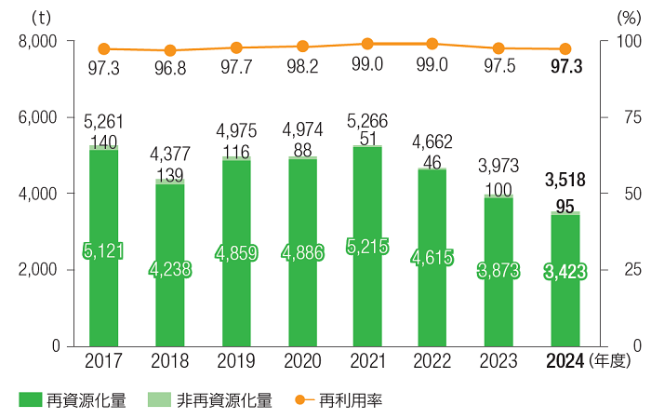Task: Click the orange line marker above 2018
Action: pos(170,50)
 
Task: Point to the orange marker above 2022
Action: pos(432,43)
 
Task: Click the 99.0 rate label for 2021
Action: pos(368,64)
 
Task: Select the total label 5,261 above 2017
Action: pos(103,121)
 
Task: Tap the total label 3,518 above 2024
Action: pos(565,179)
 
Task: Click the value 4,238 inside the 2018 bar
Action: pos(170,269)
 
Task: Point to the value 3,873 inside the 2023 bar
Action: pos(499,271)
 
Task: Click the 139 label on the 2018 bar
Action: pos(170,174)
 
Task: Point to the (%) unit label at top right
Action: pos(629,17)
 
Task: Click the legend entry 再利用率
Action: pos(351,400)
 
